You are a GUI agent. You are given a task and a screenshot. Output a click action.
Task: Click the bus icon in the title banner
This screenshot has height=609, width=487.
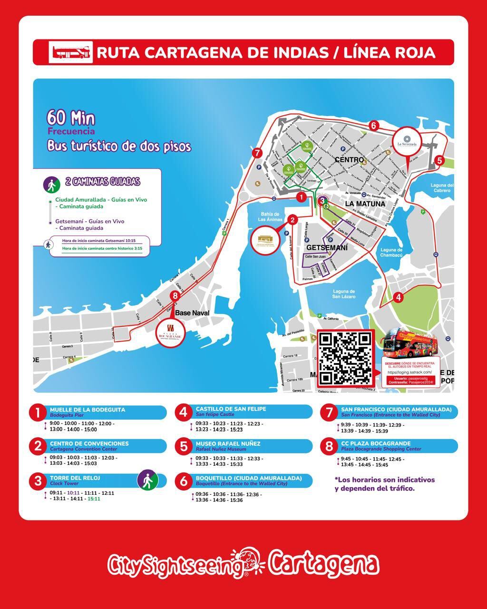pyautogui.click(x=70, y=52)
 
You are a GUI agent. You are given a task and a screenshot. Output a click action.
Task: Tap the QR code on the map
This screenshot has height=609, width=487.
pyautogui.click(x=345, y=358)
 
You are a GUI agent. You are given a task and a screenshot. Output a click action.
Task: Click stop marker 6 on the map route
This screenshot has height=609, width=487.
pyautogui.click(x=373, y=126)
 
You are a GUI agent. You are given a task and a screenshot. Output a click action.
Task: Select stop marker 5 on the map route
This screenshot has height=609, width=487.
pyautogui.click(x=439, y=160)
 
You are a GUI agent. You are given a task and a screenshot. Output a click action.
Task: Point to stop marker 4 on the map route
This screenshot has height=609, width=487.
pyautogui.click(x=398, y=297)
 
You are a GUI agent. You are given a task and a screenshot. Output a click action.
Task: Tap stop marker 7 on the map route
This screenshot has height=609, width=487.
pyautogui.click(x=257, y=153)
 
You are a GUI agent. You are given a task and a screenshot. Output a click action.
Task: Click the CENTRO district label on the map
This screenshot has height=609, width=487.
pyautogui.click(x=349, y=160)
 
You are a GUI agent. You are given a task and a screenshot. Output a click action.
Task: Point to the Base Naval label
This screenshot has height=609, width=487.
pyautogui.click(x=192, y=313)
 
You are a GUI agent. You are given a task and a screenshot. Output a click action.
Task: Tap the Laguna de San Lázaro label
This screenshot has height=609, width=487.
pyautogui.click(x=344, y=294)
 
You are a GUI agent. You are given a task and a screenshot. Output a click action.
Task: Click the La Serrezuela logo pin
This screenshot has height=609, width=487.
pyautogui.click(x=407, y=141)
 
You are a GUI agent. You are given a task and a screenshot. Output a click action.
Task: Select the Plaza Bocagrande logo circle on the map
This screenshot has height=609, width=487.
pyautogui.click(x=170, y=329)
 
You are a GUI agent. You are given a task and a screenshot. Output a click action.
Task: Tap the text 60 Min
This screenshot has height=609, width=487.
pyautogui.click(x=71, y=118)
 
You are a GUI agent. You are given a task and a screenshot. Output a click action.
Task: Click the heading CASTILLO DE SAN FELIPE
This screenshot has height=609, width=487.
pyautogui.click(x=231, y=409)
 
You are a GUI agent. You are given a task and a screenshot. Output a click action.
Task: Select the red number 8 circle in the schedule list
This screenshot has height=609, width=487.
pyautogui.click(x=329, y=446)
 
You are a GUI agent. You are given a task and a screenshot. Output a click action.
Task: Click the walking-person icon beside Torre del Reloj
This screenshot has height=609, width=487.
pyautogui.click(x=147, y=480)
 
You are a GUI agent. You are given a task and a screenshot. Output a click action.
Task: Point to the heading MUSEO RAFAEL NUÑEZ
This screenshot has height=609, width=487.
pyautogui.click(x=228, y=443)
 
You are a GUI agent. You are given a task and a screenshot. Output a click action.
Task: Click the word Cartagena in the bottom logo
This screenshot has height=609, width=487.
pyautogui.click(x=323, y=565)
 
